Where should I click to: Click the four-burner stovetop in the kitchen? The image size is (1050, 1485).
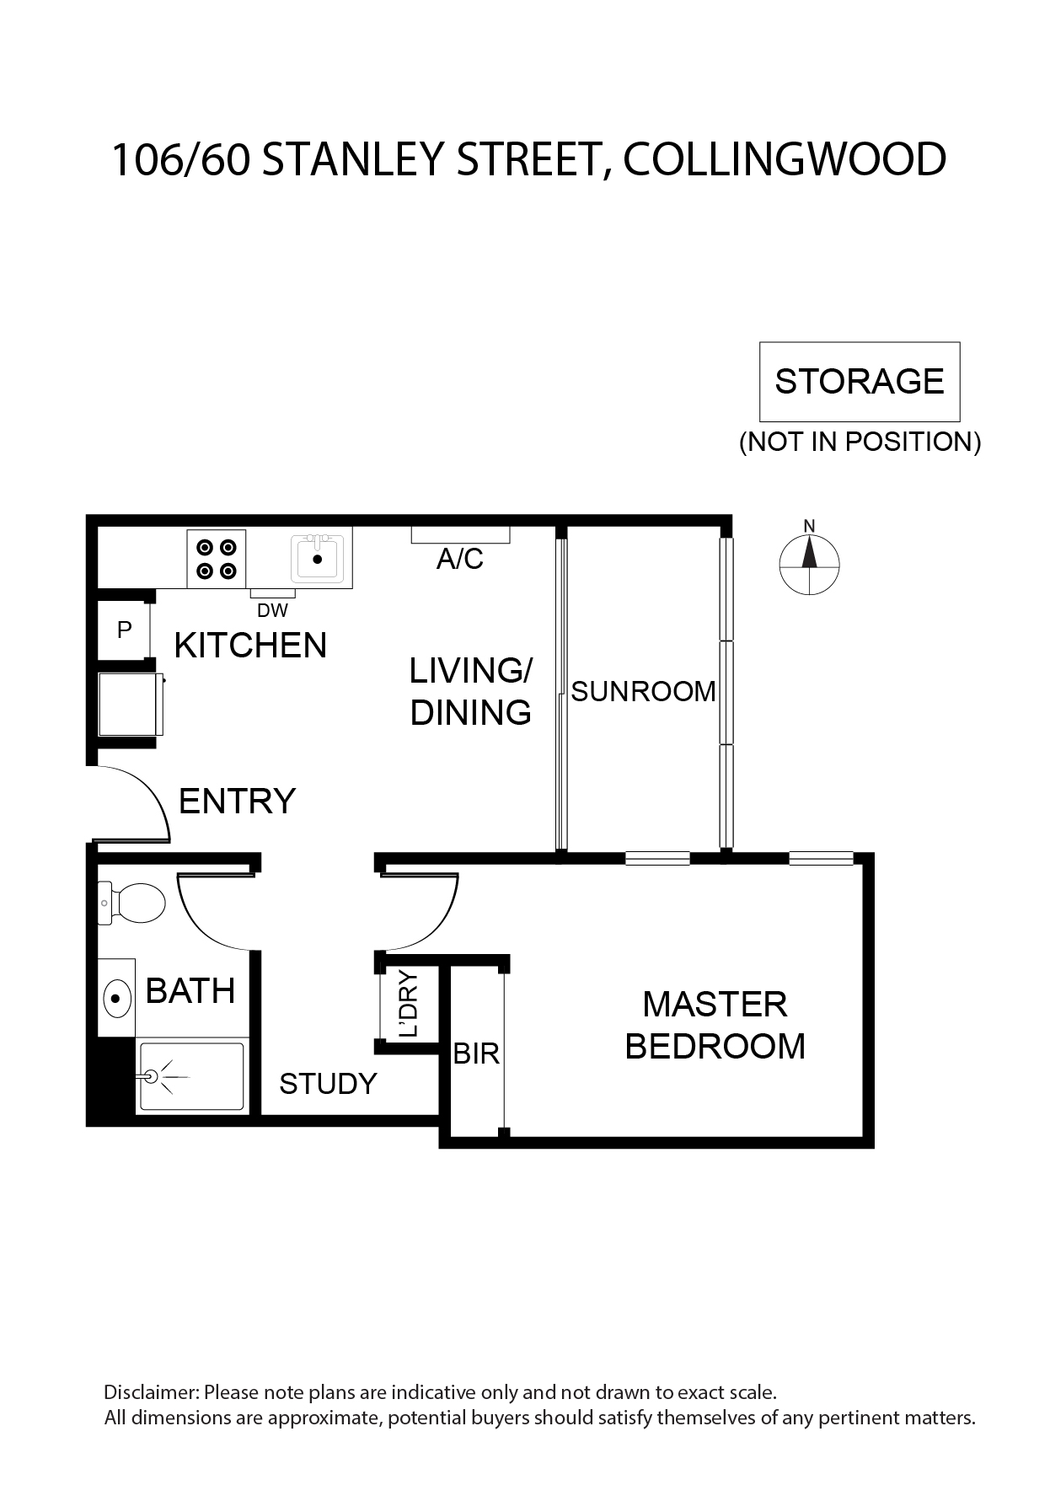click(217, 559)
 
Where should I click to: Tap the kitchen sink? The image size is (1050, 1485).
click(318, 558)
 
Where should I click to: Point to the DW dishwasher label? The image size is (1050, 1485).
click(272, 610)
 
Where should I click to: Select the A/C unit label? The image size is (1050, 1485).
click(460, 558)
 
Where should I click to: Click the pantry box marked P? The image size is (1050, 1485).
click(124, 630)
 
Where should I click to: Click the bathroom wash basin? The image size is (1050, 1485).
click(117, 1000)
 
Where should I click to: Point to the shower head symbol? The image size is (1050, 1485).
click(153, 1076)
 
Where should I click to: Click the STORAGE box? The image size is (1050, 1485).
click(860, 382)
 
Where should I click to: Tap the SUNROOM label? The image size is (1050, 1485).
click(644, 691)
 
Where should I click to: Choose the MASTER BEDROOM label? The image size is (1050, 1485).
click(715, 1025)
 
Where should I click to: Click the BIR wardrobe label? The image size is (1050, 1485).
click(476, 1053)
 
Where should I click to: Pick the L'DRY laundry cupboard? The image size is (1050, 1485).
click(409, 1005)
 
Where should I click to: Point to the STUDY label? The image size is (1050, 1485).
click(328, 1083)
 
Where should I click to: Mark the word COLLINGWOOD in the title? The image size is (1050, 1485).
click(785, 159)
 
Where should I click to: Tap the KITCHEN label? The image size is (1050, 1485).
click(250, 646)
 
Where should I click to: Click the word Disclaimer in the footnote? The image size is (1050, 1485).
click(152, 1391)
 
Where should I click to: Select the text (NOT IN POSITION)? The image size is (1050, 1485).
click(860, 442)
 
